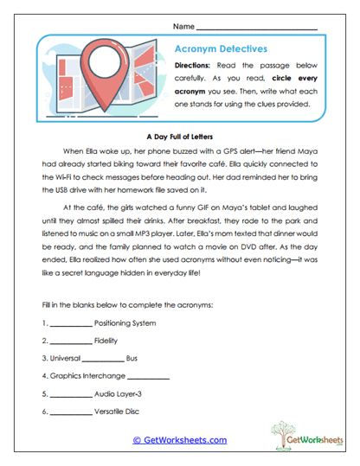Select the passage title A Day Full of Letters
point(179,136)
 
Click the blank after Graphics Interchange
point(148,377)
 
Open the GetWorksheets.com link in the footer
point(179,440)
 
